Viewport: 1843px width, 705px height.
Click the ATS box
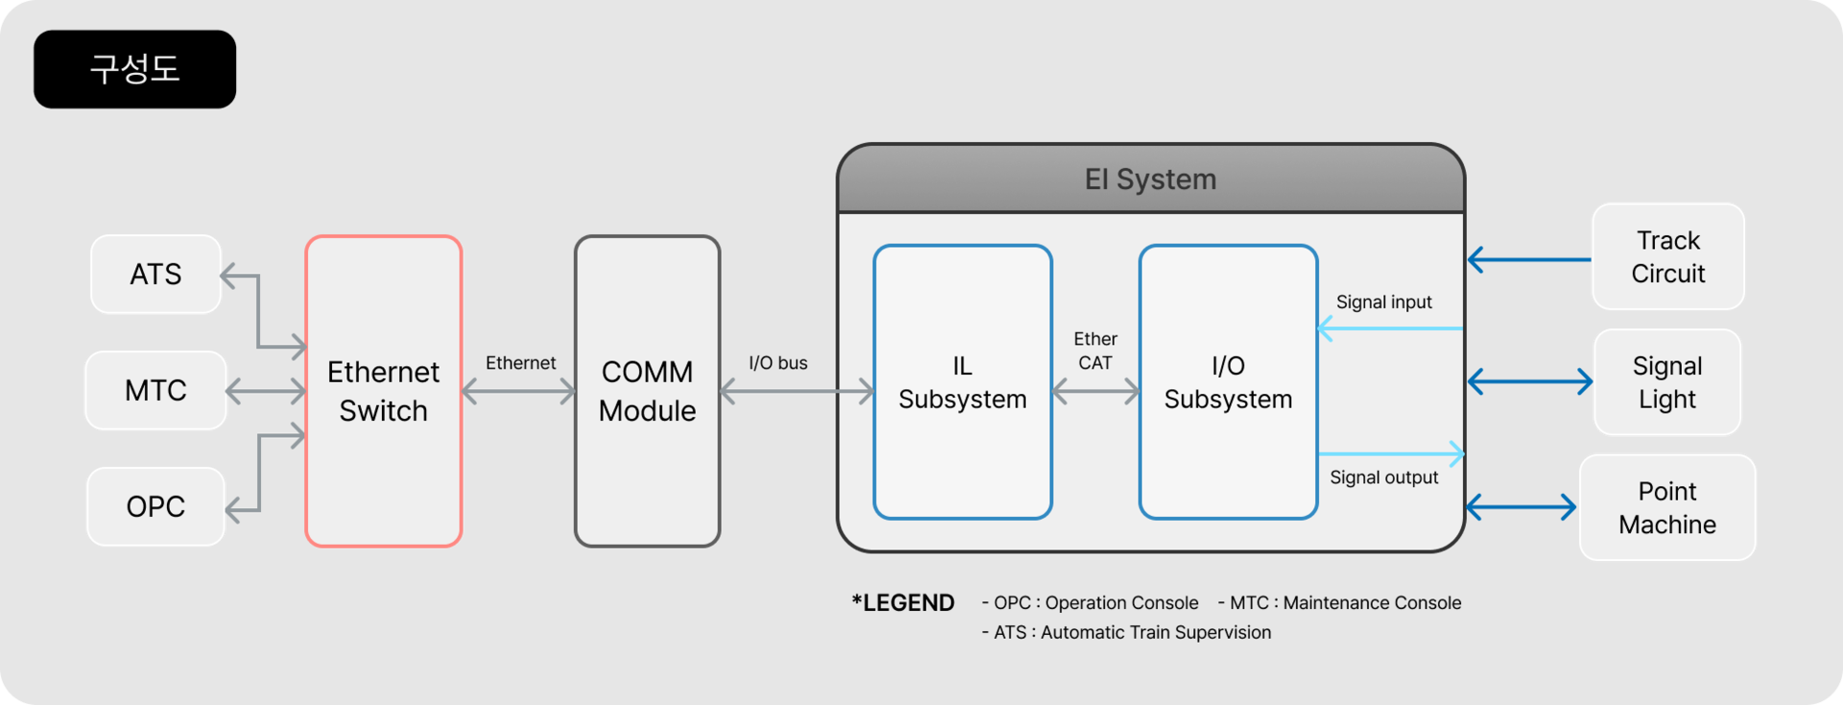click(156, 275)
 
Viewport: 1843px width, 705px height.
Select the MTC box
click(156, 391)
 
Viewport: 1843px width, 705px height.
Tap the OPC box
click(156, 507)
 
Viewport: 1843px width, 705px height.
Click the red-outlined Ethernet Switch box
click(383, 391)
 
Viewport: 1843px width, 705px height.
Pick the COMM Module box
click(647, 391)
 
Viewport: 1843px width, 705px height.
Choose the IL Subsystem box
click(962, 382)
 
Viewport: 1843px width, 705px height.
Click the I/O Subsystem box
click(1228, 382)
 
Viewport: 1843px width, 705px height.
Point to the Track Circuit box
click(1667, 256)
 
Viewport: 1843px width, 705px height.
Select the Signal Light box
click(1666, 382)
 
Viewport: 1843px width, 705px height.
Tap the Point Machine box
click(1666, 508)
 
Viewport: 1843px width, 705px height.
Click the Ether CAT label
click(1095, 351)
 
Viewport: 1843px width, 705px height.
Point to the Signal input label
click(1383, 303)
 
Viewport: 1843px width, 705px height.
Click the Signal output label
click(1383, 477)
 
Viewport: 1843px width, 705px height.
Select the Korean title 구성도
click(135, 68)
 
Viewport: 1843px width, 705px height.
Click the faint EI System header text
click(1150, 180)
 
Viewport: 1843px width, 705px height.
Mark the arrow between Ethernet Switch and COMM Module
click(518, 391)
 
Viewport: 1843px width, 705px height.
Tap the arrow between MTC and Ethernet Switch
click(266, 391)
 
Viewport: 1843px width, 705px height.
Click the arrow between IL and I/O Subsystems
click(1095, 391)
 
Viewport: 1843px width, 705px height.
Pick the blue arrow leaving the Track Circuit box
click(1528, 259)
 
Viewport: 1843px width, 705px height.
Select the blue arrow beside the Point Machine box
click(1521, 507)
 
